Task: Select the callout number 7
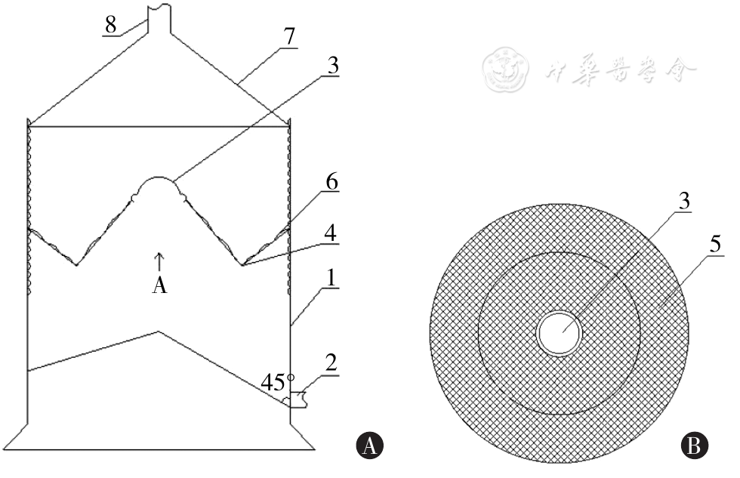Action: [289, 35]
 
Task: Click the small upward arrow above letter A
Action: [159, 261]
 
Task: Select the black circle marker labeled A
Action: [370, 446]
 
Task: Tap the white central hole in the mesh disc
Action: [559, 333]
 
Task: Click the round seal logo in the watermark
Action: [505, 69]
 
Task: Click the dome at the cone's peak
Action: [159, 185]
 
